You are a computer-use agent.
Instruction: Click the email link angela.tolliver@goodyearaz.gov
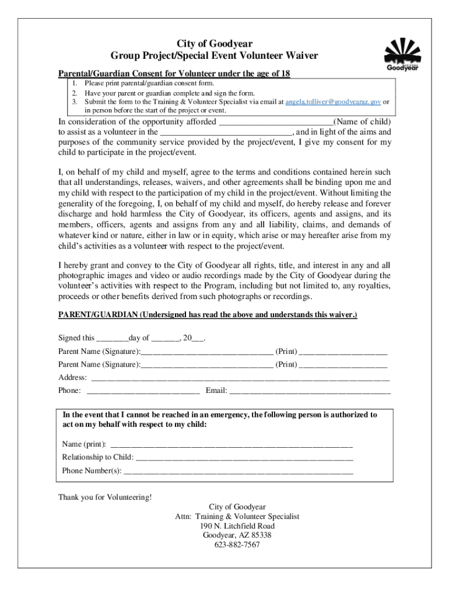tap(333, 101)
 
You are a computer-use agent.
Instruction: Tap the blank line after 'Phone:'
tap(144, 391)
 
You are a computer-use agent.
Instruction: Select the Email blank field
tap(310, 391)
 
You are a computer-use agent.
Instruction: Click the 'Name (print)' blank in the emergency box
tap(231, 444)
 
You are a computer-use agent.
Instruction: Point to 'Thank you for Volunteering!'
tap(105, 497)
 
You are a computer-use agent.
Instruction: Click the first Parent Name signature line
tap(206, 352)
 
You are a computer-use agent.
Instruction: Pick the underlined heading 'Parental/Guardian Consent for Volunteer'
tap(174, 73)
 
